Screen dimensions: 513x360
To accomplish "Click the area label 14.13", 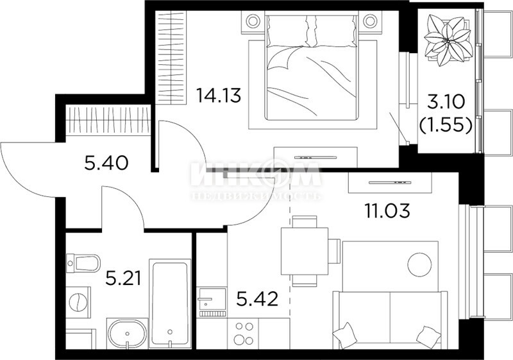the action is click(x=218, y=95).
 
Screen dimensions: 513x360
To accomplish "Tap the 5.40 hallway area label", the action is click(x=106, y=163).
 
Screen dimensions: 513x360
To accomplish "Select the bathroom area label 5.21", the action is click(x=123, y=279).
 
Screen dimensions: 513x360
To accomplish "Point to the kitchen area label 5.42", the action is click(x=257, y=299).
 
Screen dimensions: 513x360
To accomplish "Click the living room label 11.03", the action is click(x=387, y=210).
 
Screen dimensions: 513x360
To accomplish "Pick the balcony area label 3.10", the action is click(x=446, y=103).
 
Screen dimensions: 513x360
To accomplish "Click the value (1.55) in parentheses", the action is click(x=446, y=124).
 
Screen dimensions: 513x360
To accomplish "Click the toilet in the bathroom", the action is click(x=83, y=264).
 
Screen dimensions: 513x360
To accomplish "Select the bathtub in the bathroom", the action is click(x=170, y=304).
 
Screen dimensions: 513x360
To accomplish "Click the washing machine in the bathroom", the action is click(x=78, y=302).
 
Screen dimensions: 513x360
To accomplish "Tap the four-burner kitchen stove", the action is click(x=244, y=333).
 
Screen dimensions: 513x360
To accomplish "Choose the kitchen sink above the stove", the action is click(x=212, y=298).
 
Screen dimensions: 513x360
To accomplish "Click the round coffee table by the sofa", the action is click(x=420, y=265).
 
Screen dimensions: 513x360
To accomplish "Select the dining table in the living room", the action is click(x=305, y=251).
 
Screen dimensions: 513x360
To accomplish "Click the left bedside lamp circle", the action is click(x=253, y=21).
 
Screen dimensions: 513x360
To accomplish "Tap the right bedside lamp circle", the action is click(x=370, y=21).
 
